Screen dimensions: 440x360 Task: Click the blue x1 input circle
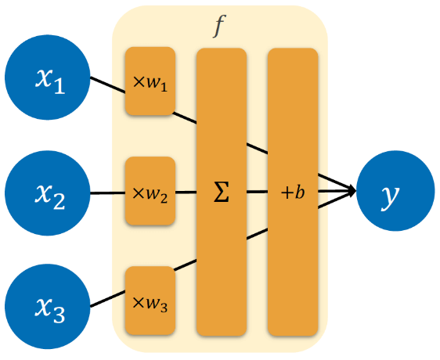pos(48,77)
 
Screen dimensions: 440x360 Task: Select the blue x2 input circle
pos(48,193)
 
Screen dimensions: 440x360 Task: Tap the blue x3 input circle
pos(48,307)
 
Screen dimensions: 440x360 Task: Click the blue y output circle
pos(395,191)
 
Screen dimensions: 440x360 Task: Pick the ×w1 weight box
pos(150,81)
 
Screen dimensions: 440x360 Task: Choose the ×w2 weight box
pos(150,191)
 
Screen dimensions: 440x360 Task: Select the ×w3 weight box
pos(150,301)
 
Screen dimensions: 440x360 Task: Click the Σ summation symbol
pos(222,192)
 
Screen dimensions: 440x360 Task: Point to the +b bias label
pos(293,193)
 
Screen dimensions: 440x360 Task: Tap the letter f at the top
pos(219,26)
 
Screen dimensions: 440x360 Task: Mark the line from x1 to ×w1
pos(107,85)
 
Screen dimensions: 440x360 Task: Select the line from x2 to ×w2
pos(107,193)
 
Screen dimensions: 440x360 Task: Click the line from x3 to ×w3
pos(107,298)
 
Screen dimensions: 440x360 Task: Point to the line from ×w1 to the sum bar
pos(185,117)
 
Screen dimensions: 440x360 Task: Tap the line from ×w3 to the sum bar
pos(186,265)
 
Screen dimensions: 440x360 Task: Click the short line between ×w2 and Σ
pos(186,193)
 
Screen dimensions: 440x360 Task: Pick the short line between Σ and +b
pos(257,192)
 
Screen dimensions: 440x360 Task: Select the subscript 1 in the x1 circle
pos(59,85)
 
